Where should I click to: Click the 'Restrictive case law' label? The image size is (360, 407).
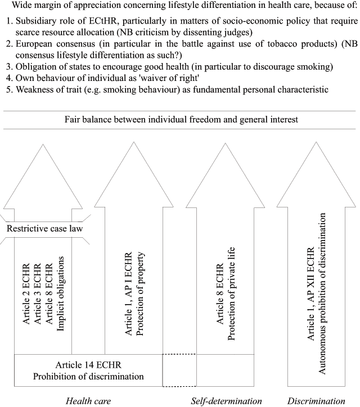pos(44,228)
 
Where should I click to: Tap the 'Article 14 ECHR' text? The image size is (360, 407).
pos(88,365)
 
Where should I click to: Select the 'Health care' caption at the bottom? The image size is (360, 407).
pos(88,401)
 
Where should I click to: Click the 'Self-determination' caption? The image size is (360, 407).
pos(226,401)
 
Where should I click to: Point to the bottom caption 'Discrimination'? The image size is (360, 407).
pos(316,401)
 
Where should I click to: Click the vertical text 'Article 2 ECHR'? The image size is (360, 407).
pos(26,294)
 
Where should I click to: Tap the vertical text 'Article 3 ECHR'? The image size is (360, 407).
pos(37,294)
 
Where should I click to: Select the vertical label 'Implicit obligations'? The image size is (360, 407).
pos(60,293)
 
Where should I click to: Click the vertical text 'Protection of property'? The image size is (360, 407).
pos(139,294)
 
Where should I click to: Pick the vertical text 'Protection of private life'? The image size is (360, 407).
pos(231,293)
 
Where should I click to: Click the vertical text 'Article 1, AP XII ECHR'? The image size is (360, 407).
pos(311,293)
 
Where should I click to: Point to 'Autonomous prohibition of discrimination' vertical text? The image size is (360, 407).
pos(322,293)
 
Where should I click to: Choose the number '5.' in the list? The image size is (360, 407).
pos(10,89)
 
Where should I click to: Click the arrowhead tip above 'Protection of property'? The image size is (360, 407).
pos(134,142)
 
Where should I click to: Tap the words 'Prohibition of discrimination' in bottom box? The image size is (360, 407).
pos(88,377)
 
